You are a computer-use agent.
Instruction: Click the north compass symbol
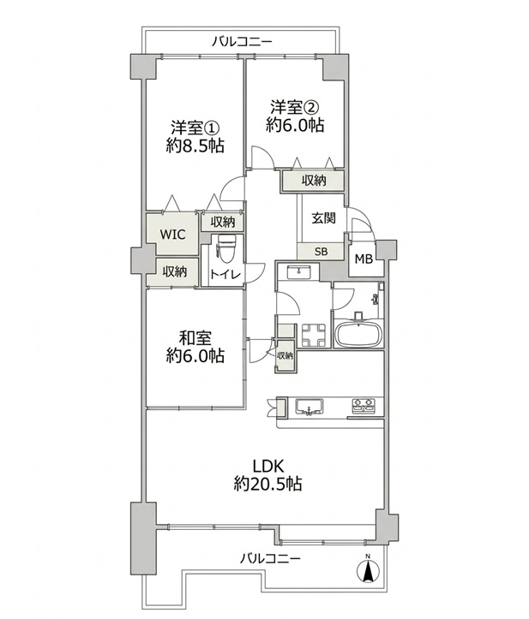click(x=368, y=570)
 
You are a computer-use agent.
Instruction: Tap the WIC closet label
click(x=173, y=234)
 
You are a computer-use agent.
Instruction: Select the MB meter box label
click(x=364, y=259)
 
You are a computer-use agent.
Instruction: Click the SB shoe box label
click(x=321, y=252)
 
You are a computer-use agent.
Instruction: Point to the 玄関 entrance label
click(x=324, y=218)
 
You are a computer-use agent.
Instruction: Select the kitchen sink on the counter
click(x=310, y=407)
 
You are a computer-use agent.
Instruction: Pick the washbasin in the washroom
click(x=299, y=272)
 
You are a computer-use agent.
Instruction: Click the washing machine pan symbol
click(x=314, y=336)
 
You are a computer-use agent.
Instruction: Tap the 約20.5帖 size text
click(x=268, y=483)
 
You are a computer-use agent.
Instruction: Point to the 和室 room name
click(x=195, y=338)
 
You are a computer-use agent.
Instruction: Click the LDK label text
click(x=268, y=466)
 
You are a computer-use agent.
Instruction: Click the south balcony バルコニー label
click(x=270, y=558)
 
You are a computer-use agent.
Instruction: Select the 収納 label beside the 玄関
click(x=314, y=181)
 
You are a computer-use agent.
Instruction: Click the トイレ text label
click(x=225, y=274)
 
